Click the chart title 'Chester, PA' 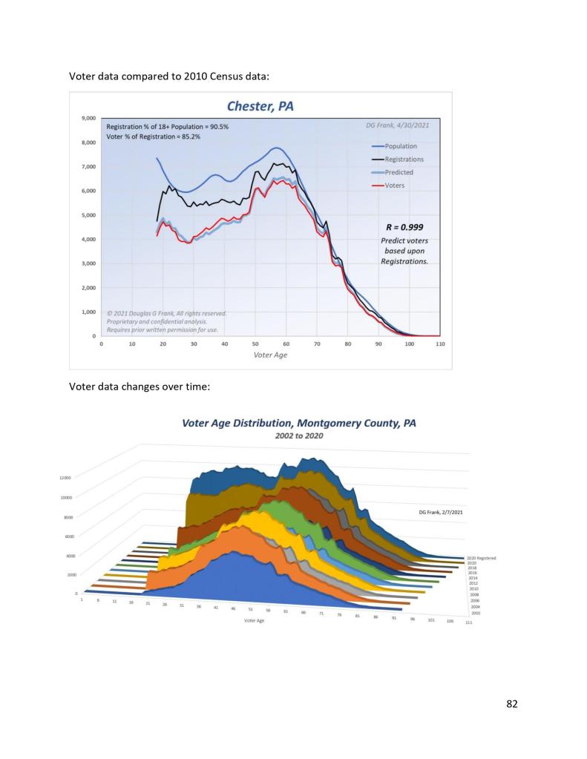(x=260, y=107)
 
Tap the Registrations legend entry (x=404, y=159)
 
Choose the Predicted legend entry (x=399, y=172)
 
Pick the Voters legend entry (x=394, y=185)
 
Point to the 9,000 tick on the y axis (x=88, y=118)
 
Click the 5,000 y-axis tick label (x=88, y=215)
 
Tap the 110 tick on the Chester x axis (x=440, y=344)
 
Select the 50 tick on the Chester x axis (x=255, y=344)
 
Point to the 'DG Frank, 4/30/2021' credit (x=397, y=125)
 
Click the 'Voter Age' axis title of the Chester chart (x=270, y=355)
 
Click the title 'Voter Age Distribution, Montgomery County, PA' (x=299, y=423)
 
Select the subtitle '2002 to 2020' (x=298, y=436)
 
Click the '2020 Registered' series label (x=481, y=557)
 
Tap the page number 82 (x=511, y=704)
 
